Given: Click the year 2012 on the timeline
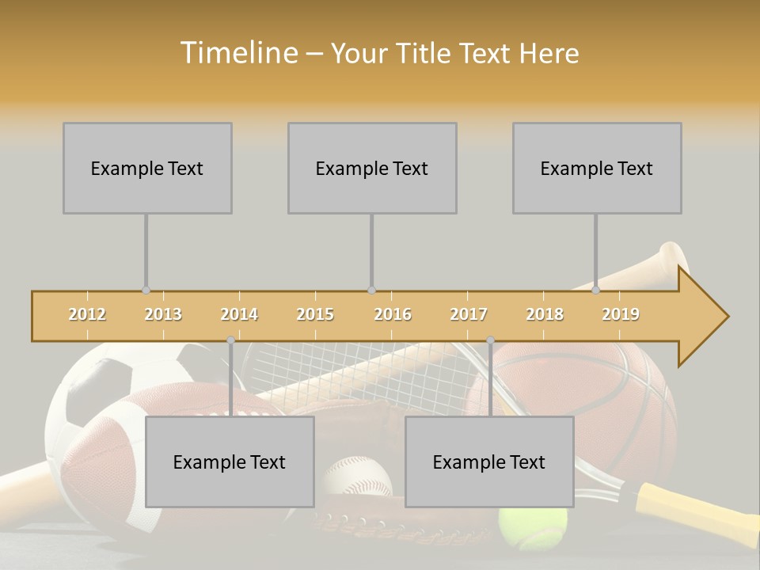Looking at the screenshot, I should (x=87, y=314).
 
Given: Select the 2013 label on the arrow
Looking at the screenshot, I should (x=163, y=314).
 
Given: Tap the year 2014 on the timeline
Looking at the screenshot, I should (x=239, y=314).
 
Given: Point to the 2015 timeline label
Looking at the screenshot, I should (x=315, y=314).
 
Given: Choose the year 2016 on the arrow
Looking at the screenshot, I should (x=393, y=314).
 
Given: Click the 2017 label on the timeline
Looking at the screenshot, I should (x=469, y=314).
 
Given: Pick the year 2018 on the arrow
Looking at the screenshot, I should (x=545, y=314).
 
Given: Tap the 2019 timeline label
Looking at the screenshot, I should (x=621, y=314).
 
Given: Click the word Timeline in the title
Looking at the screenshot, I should (x=237, y=53).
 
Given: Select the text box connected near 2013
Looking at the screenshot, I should (x=147, y=168).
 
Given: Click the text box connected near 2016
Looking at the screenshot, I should (x=372, y=168).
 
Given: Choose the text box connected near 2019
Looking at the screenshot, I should (x=597, y=168).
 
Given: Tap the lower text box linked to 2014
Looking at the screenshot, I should (x=230, y=462).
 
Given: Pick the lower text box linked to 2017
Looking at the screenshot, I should (x=489, y=462).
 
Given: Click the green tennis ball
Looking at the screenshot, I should (x=533, y=526).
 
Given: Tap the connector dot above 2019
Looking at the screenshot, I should (x=596, y=290).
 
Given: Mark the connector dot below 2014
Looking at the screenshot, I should (x=230, y=340).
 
